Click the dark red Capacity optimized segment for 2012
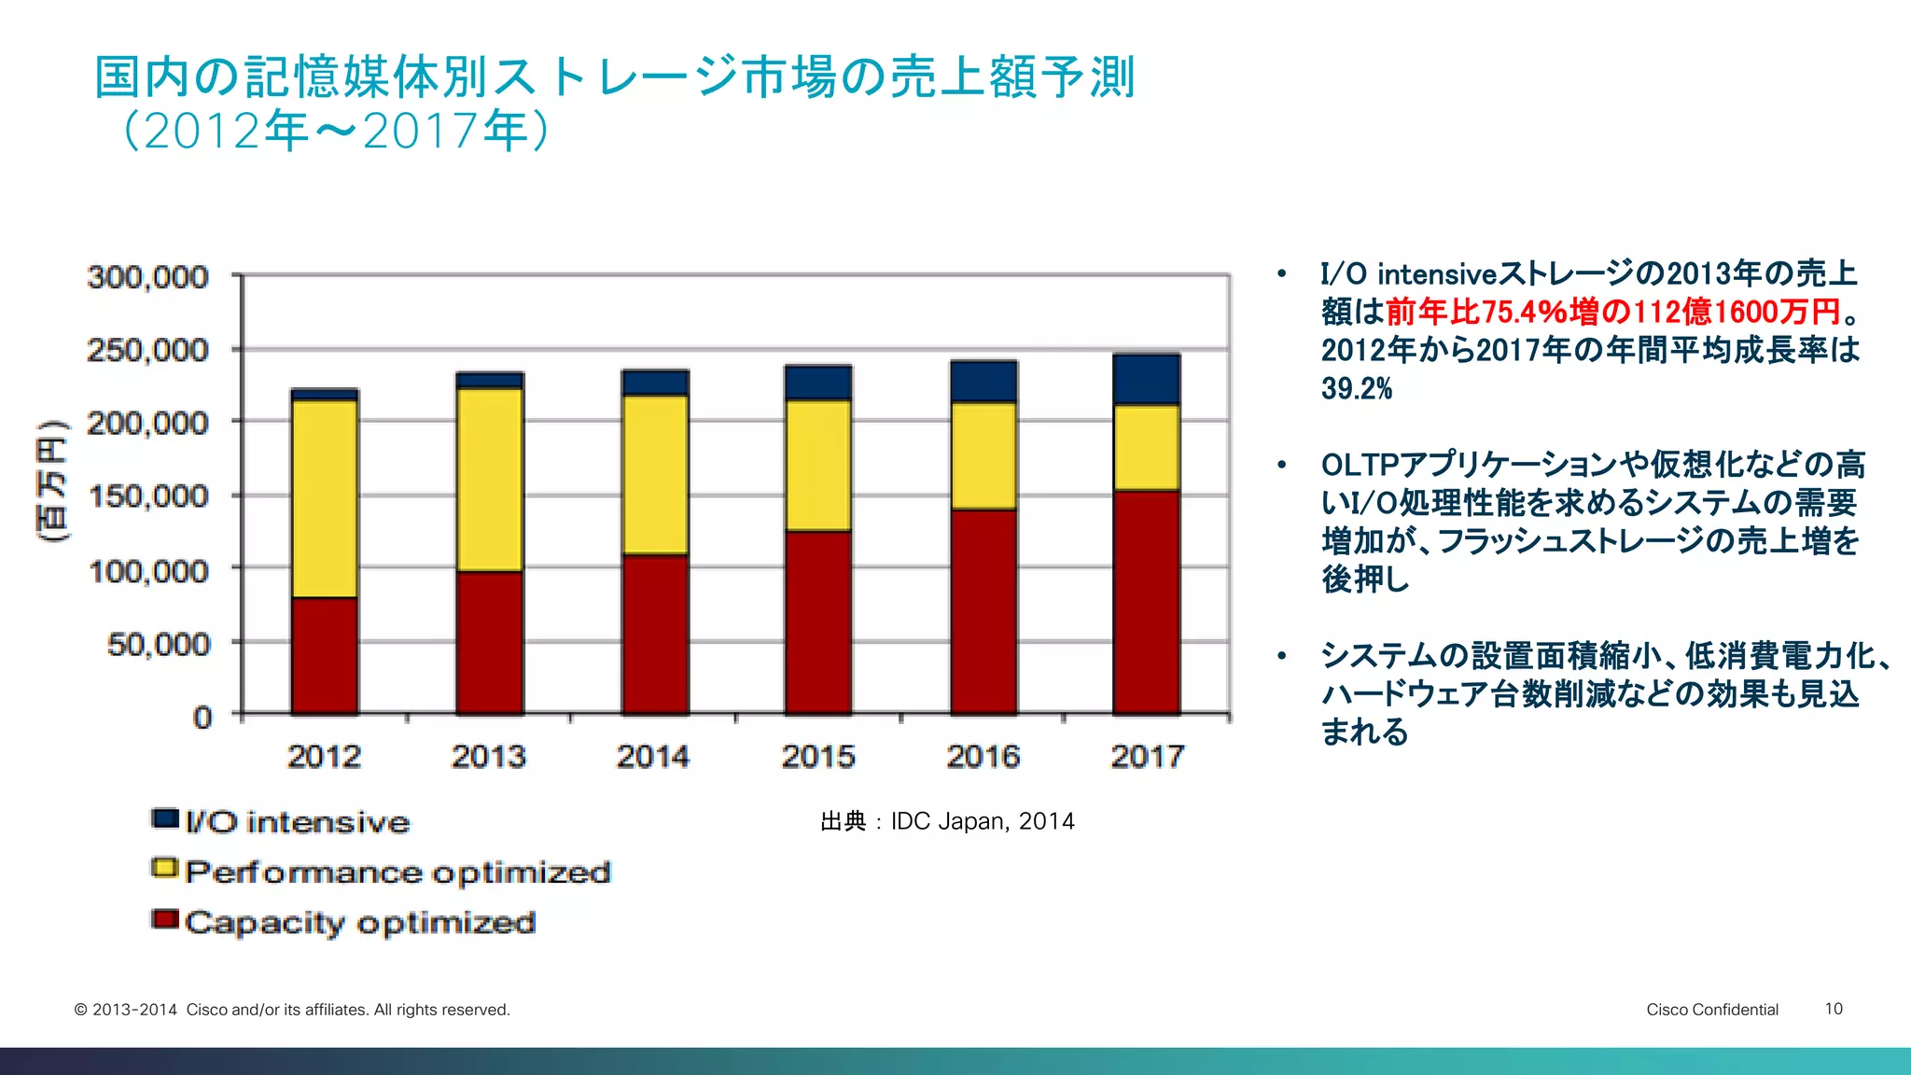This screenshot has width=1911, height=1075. tap(325, 655)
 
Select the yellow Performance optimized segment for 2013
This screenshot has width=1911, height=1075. tap(490, 480)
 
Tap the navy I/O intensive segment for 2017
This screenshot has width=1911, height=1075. tap(1147, 379)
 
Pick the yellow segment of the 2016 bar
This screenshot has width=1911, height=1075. tap(983, 455)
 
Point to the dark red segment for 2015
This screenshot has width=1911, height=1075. tap(818, 622)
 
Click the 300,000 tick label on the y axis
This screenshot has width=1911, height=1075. tap(147, 277)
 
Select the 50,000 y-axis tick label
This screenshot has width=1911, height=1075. tap(159, 644)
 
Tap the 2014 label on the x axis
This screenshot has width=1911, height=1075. tap(653, 756)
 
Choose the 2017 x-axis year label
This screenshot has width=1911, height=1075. tap(1147, 756)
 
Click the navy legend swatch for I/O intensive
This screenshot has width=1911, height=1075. tap(165, 818)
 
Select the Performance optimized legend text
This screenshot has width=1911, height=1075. tap(398, 873)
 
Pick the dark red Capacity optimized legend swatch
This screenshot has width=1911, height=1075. tap(165, 919)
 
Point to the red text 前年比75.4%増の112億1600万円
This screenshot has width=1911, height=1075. tap(1612, 312)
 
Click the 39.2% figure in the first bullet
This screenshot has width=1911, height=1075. tap(1356, 388)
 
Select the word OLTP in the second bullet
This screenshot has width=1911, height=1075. tap(1360, 465)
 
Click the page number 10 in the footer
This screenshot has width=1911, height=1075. tap(1834, 1009)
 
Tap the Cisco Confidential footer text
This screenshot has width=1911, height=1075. tap(1711, 1010)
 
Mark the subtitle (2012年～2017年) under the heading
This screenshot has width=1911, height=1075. tap(336, 131)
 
